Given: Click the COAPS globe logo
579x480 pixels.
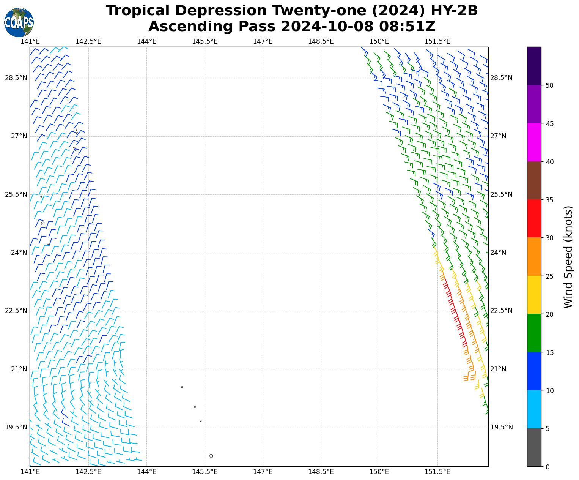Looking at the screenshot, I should click(19, 22).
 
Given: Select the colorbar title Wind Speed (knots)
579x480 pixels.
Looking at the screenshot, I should click(568, 257).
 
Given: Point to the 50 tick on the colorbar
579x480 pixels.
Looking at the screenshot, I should click(549, 85).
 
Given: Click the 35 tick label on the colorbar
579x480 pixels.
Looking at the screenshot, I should click(549, 200).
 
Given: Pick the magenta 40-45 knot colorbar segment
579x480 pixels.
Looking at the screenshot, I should click(534, 142).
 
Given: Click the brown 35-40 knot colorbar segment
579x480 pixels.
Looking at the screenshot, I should click(534, 180).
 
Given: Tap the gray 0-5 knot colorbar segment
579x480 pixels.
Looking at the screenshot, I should click(534, 447).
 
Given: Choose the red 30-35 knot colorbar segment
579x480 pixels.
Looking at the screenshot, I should click(534, 218).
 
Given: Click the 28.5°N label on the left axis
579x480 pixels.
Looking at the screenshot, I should click(16, 78).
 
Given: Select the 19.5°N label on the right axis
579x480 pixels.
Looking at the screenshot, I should click(502, 428).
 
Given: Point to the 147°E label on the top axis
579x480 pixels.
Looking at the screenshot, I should click(263, 41).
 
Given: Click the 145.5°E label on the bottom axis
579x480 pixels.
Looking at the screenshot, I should click(205, 472).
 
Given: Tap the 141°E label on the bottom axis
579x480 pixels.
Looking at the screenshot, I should click(30, 472).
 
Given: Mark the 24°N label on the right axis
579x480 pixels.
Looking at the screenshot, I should click(499, 253).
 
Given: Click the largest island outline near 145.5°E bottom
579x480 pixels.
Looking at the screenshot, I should click(211, 456).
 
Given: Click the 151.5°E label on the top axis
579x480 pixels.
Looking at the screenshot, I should click(437, 41).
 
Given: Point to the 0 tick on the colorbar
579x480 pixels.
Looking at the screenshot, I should click(547, 467).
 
